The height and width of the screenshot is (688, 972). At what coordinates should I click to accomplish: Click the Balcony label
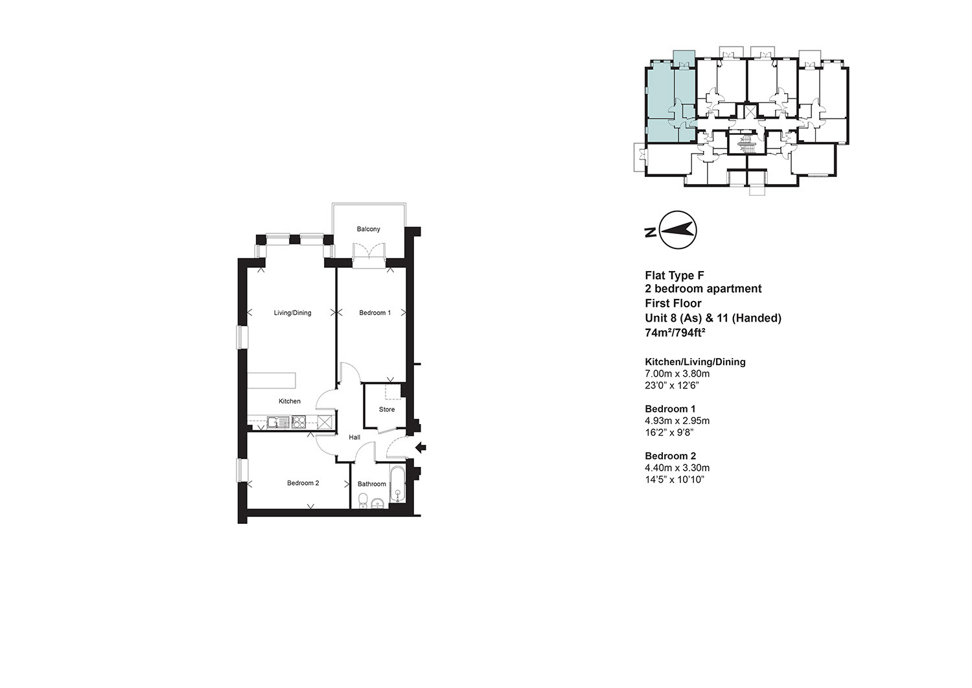(369, 229)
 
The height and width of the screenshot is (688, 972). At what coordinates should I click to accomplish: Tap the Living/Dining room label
(292, 313)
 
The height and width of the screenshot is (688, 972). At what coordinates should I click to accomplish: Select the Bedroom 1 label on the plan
(375, 313)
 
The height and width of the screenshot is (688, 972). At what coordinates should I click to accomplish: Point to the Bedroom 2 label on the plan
(303, 483)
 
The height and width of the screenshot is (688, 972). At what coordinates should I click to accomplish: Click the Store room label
(387, 410)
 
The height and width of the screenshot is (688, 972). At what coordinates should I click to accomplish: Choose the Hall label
(354, 438)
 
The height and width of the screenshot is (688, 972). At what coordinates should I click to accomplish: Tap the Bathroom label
(372, 484)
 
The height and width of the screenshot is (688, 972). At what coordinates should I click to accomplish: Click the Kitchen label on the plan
(290, 401)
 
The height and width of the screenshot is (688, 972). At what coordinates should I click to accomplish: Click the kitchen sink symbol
(278, 422)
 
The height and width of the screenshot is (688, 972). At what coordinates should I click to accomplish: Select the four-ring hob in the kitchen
(299, 422)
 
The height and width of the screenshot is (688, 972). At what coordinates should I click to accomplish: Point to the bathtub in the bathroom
(397, 485)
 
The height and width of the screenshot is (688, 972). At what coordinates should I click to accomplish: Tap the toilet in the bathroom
(363, 500)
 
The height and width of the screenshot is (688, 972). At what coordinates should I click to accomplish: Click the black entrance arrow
(421, 447)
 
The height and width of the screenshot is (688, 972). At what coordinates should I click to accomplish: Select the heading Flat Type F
(675, 276)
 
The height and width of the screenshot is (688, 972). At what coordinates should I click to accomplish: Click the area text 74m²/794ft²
(675, 333)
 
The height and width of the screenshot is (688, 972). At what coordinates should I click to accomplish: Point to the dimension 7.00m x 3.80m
(677, 374)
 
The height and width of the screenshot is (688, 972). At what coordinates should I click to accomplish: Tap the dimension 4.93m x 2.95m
(677, 420)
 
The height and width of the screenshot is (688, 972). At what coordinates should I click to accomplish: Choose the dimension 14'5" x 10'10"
(675, 479)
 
